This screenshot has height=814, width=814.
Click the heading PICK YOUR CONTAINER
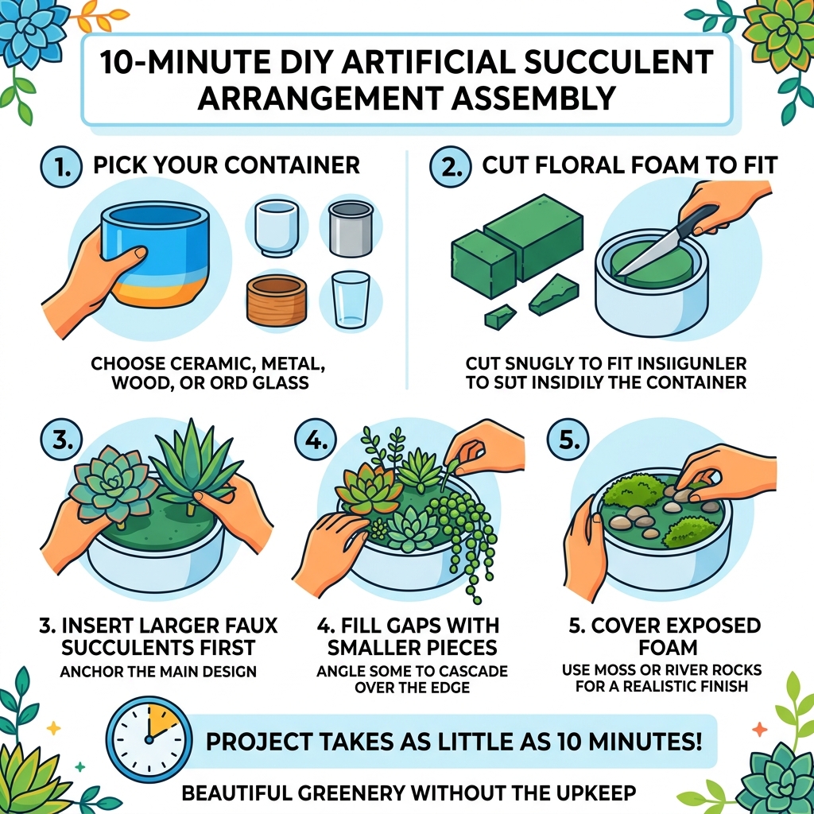click(x=227, y=166)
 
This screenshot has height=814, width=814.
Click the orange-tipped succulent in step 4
click(x=368, y=486)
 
